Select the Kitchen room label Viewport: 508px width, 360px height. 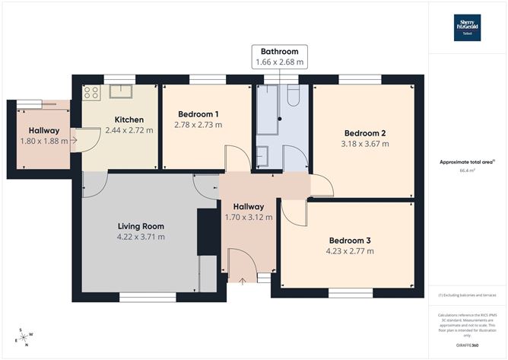point(129,119)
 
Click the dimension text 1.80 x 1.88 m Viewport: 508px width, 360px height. point(44,141)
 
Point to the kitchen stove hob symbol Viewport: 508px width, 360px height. point(92,93)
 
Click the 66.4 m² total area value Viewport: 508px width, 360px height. point(467,171)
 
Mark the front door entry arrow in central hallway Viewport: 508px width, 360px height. point(242,281)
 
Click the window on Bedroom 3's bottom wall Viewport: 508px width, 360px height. point(350,292)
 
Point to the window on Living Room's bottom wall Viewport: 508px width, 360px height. point(141,296)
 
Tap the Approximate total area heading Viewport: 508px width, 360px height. point(467,162)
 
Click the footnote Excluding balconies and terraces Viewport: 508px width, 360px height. point(467,295)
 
